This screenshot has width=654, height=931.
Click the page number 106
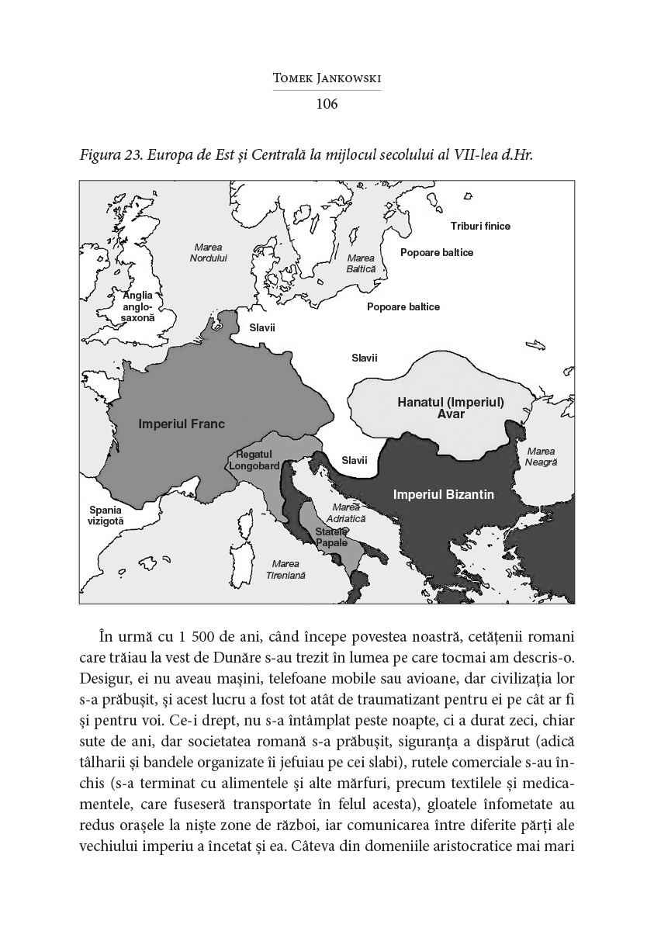click(327, 104)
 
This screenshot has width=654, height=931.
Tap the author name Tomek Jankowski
click(327, 79)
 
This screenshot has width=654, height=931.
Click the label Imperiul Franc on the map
click(182, 424)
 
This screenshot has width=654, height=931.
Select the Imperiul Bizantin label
click(444, 493)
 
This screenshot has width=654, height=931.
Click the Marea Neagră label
click(541, 456)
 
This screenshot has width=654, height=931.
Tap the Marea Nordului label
click(209, 252)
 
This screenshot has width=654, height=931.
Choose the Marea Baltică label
click(361, 262)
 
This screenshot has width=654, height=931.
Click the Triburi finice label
click(481, 226)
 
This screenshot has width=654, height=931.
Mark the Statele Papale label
click(331, 537)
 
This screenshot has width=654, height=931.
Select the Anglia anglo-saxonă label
click(139, 306)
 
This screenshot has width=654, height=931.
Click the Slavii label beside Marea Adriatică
click(355, 460)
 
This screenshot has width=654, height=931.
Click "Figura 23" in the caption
click(107, 154)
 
